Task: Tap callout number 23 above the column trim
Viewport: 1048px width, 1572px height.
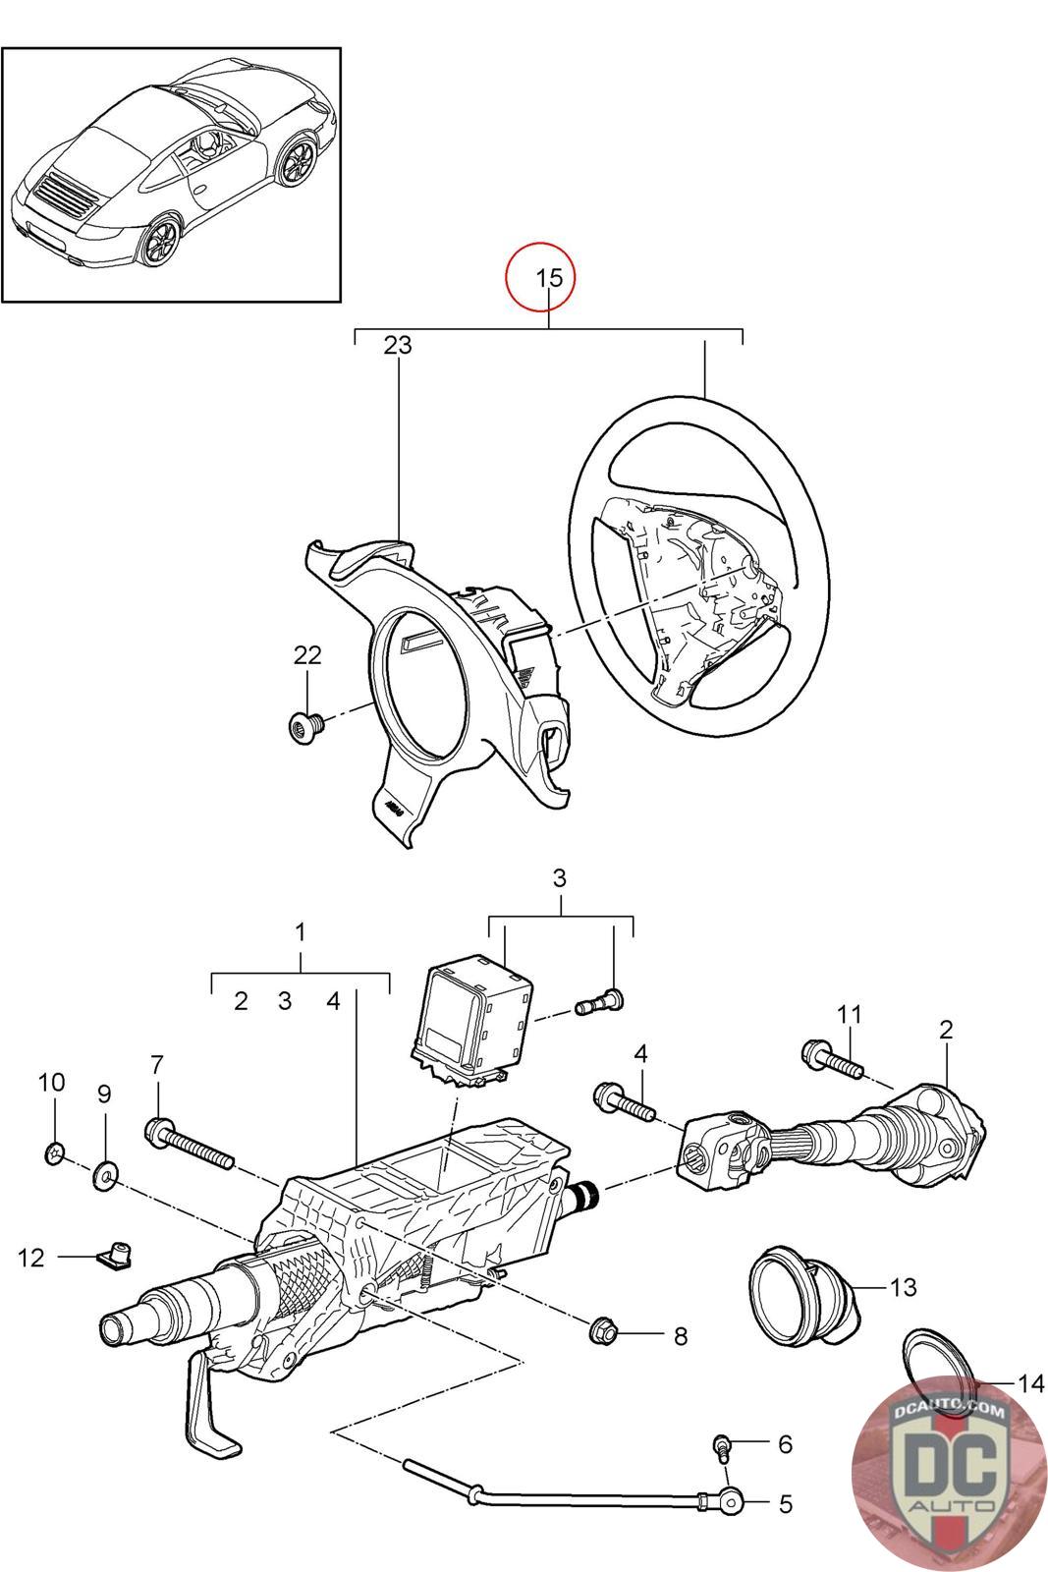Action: (398, 345)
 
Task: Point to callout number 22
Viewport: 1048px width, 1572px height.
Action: (307, 654)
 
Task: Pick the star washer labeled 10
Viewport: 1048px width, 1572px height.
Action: (55, 1152)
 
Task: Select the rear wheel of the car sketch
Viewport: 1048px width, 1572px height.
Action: (161, 239)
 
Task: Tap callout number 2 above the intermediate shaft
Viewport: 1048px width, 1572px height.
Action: (946, 1031)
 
